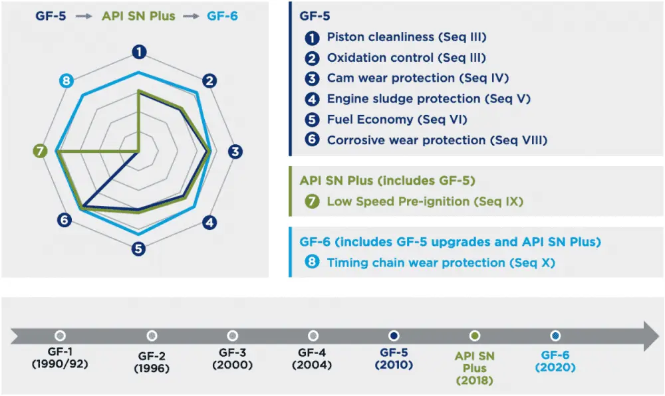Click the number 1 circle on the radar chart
coord(139,51)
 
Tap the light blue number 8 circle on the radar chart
coord(65,81)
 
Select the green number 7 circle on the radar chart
coord(41,151)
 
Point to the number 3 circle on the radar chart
coord(235,151)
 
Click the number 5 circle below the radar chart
coord(138,249)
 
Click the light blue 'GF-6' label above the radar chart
coord(223,16)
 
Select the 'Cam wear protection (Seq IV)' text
coord(418,78)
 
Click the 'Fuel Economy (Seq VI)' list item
coord(397,120)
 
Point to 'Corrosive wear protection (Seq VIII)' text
coord(437,140)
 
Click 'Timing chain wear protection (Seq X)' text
coord(441,262)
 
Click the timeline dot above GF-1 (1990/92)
coord(60,336)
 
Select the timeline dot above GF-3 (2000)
coord(232,336)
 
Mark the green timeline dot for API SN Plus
coord(474,336)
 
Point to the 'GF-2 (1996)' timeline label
coord(152,361)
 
